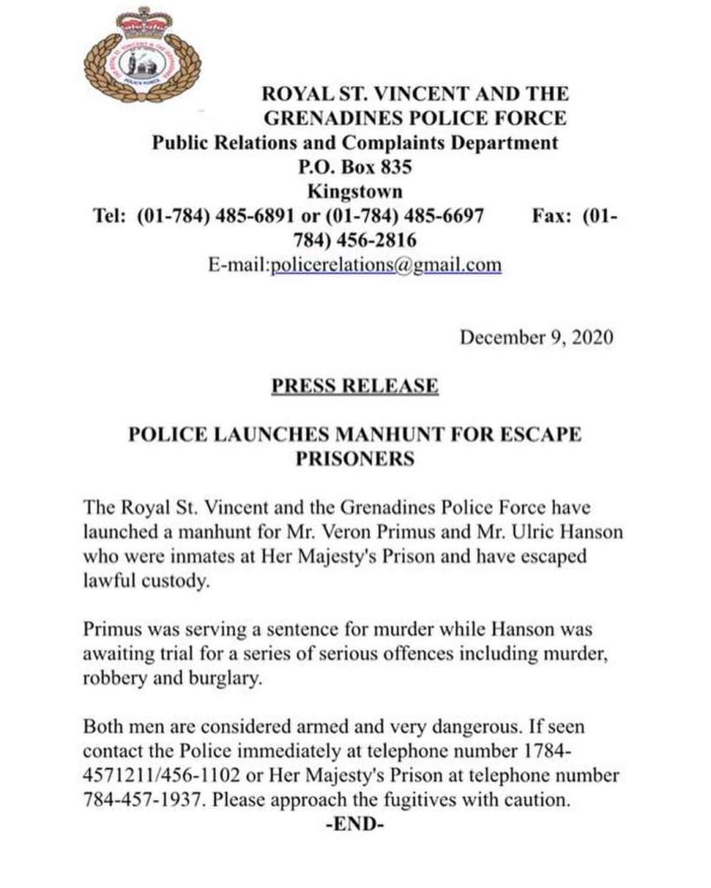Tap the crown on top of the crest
click(x=143, y=19)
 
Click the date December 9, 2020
click(x=536, y=337)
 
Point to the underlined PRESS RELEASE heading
click(x=355, y=386)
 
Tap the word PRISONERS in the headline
click(x=355, y=459)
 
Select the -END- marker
click(x=355, y=825)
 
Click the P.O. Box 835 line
click(x=355, y=167)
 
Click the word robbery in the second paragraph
click(x=113, y=679)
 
